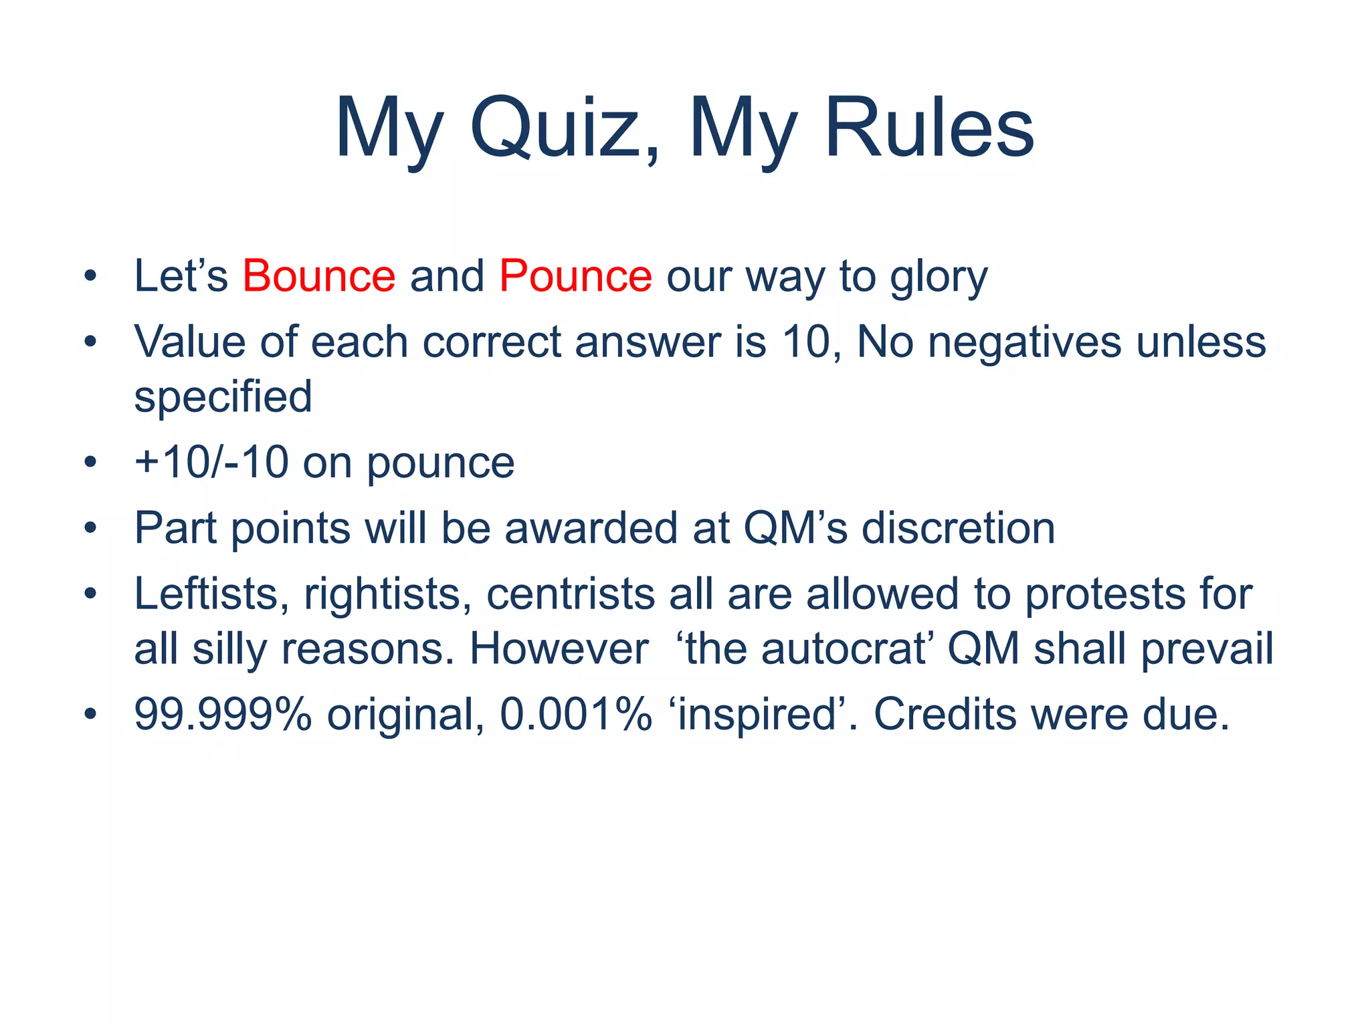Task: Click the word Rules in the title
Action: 930,128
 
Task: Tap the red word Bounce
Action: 318,276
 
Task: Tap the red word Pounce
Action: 575,276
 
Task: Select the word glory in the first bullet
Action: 938,277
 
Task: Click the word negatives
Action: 1024,342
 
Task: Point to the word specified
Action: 223,397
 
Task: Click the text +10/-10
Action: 211,463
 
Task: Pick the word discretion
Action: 958,528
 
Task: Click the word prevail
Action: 1207,649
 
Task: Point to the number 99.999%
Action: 223,714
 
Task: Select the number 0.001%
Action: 575,714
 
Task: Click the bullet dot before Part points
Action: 90,529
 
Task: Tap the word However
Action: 559,649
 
